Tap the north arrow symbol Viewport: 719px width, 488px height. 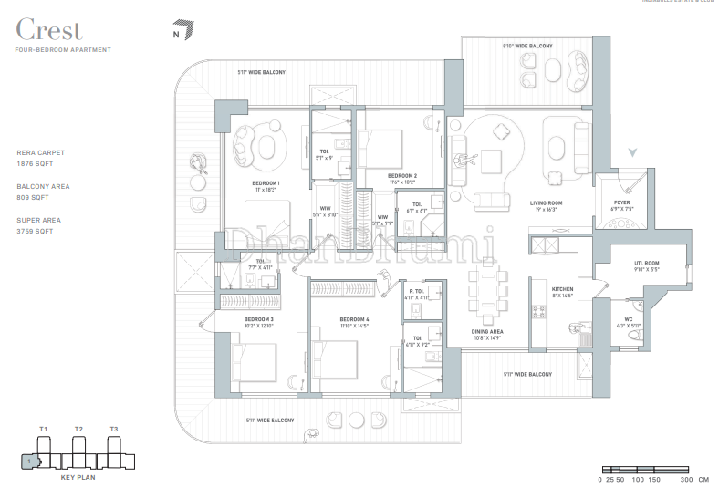(185, 30)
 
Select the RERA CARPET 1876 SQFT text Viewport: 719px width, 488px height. (42, 158)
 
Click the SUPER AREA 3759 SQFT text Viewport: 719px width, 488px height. (42, 226)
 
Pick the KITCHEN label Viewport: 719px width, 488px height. (561, 290)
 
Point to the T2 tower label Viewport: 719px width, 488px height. (79, 429)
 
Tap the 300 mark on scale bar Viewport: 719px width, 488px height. (685, 479)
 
